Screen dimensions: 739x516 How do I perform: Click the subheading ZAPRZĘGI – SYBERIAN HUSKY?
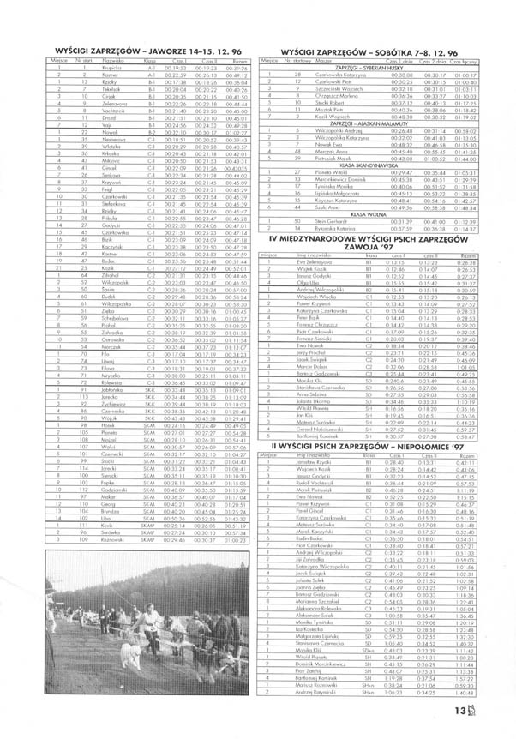[361, 69]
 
